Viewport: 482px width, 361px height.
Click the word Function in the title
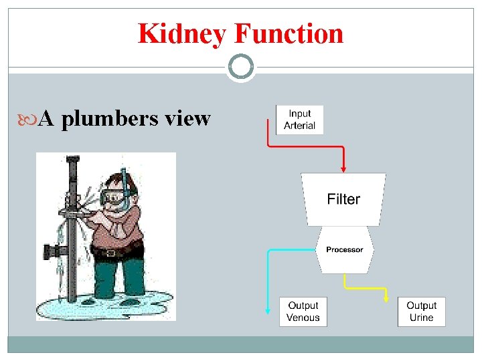click(x=289, y=33)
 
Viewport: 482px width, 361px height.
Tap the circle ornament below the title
click(x=240, y=67)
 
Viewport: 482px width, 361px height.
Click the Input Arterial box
click(x=299, y=120)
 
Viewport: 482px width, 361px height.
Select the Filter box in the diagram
click(x=343, y=199)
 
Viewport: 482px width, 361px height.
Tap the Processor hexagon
click(x=344, y=249)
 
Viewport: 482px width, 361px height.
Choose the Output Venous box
click(x=303, y=312)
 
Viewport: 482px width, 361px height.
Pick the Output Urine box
click(x=421, y=312)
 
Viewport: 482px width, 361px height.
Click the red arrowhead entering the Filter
click(x=343, y=169)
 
